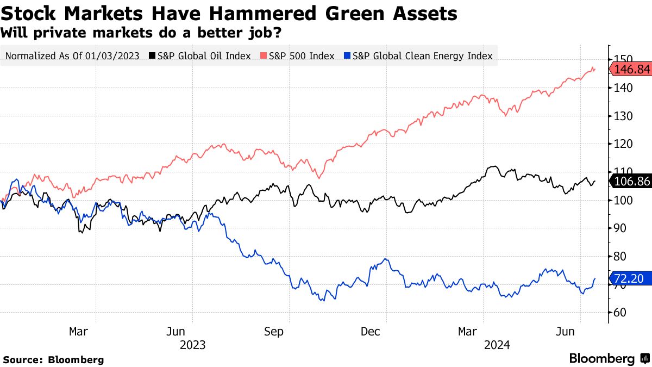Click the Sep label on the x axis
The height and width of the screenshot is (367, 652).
coord(274,332)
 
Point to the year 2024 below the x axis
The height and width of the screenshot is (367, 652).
coord(496,345)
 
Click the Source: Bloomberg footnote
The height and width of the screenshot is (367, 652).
coord(53,360)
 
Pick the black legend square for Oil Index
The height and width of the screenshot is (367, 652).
coord(152,55)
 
